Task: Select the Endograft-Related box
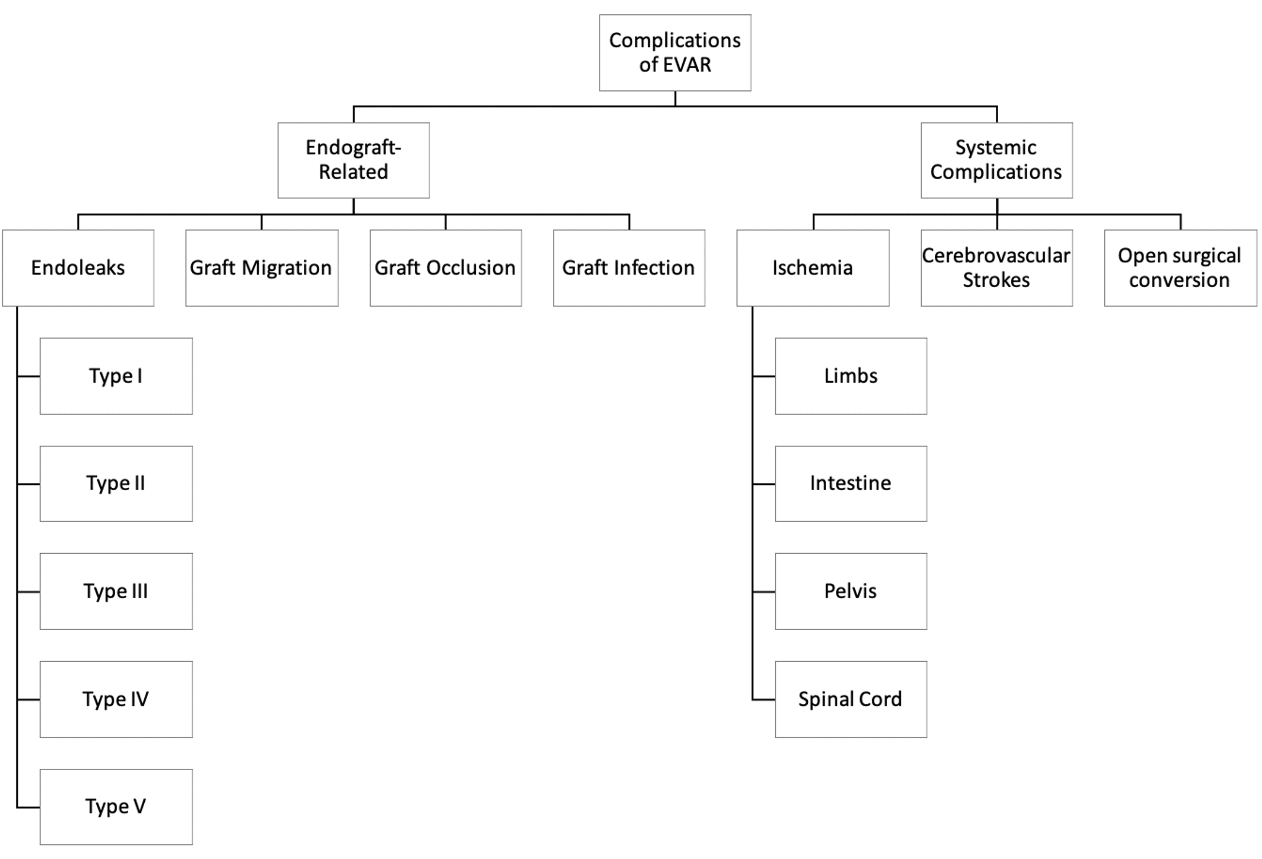353,160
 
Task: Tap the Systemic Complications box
997,160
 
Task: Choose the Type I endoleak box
116,376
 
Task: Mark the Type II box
116,484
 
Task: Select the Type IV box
116,699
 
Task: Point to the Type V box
116,807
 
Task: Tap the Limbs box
851,376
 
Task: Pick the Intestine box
851,484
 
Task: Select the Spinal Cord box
851,699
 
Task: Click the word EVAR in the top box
687,65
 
